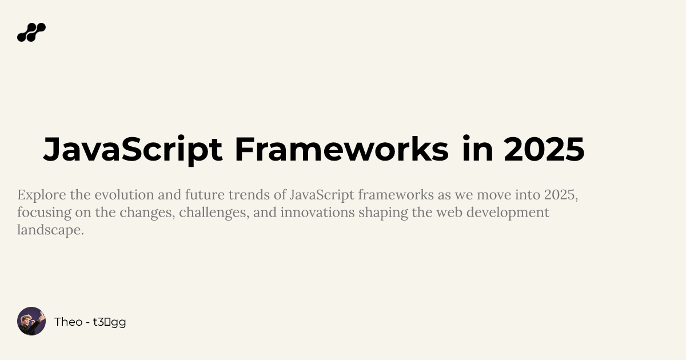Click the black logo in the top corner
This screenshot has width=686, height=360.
pyautogui.click(x=31, y=33)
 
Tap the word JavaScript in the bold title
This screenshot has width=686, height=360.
pyautogui.click(x=133, y=150)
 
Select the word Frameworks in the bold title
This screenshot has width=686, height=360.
pyautogui.click(x=341, y=150)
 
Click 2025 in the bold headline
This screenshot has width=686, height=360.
pyautogui.click(x=544, y=150)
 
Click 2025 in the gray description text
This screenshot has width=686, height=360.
pyautogui.click(x=560, y=195)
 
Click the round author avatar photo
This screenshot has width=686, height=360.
pyautogui.click(x=31, y=321)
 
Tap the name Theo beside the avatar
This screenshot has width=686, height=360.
pyautogui.click(x=68, y=322)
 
